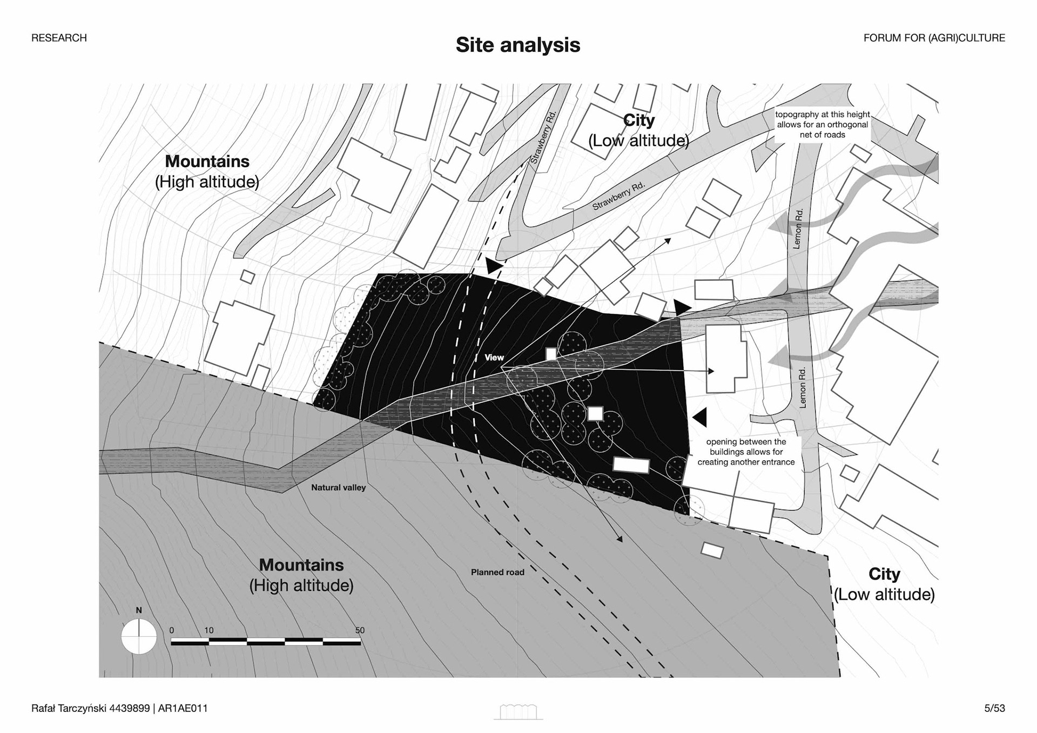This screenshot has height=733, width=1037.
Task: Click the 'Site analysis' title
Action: coord(517,45)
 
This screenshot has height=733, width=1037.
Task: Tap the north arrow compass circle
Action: coord(139,636)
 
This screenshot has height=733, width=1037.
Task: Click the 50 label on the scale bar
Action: coord(360,630)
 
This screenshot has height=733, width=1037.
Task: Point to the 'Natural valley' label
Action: coord(338,488)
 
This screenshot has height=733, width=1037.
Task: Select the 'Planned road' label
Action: coord(497,573)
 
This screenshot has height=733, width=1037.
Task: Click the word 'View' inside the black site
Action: coord(494,358)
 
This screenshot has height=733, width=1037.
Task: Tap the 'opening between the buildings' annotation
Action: coord(746,452)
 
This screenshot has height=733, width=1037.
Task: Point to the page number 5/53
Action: coord(994,708)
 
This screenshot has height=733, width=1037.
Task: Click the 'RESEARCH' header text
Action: coord(59,38)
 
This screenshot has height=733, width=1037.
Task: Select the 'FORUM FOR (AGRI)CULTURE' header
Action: coord(934,38)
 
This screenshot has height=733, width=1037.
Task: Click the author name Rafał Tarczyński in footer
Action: coord(90,708)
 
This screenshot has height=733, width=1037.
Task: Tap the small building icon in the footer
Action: coord(518,712)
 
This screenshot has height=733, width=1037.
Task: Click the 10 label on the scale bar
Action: coord(209,630)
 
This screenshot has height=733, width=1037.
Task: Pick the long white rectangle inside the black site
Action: coord(631,465)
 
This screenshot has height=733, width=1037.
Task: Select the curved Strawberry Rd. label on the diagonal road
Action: coord(618,196)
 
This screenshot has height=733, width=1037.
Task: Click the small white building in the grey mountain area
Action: coord(712,550)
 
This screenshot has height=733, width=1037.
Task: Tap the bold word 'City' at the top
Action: coord(638,120)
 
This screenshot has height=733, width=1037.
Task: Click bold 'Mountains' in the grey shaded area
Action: coord(301,565)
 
